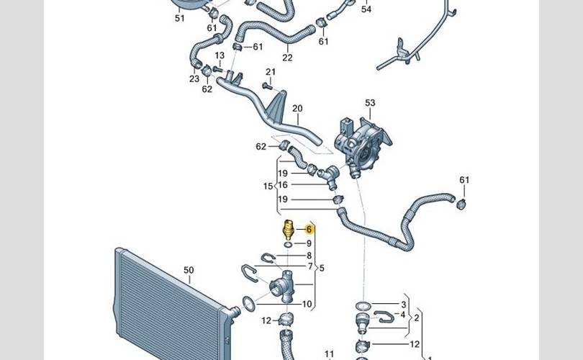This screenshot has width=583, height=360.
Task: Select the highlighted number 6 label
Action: pos(309,230)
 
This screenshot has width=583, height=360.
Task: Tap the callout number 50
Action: pos(189,271)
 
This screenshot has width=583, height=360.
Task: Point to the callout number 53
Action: pos(370,103)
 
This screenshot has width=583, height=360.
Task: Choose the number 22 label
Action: pos(287,58)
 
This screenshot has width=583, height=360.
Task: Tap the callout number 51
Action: pos(180,18)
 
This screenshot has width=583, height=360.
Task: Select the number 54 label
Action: pos(366,9)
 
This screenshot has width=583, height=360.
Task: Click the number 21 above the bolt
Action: pos(271,72)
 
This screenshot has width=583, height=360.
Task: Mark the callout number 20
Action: pos(297,109)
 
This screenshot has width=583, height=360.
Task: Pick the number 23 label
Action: pos(194,79)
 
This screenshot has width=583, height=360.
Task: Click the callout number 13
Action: pos(219,55)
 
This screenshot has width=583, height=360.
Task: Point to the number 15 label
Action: pos(268,186)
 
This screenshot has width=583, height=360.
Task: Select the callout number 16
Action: pos(283,185)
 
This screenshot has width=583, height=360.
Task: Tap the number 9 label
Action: pos(309,244)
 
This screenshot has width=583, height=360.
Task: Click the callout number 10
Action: pos(307,305)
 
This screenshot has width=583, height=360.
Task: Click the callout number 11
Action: pos(330,354)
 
